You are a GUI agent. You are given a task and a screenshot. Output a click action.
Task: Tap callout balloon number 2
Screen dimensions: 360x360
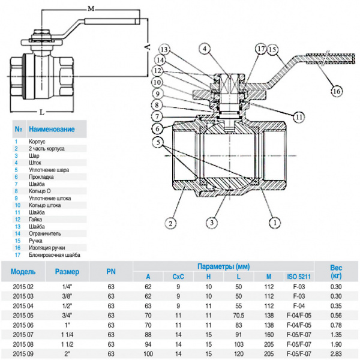pyautogui.click(x=172, y=223)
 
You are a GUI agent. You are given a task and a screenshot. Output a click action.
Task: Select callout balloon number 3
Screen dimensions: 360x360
pyautogui.click(x=212, y=223)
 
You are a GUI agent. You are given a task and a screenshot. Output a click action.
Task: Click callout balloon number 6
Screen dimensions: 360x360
pyautogui.click(x=156, y=128)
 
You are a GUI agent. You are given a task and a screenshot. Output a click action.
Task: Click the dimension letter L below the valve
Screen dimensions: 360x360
pyautogui.click(x=41, y=112)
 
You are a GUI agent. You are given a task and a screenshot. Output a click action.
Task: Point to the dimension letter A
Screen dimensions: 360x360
pyautogui.click(x=146, y=45)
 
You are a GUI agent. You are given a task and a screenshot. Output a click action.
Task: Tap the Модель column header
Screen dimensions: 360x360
pyautogui.click(x=23, y=271)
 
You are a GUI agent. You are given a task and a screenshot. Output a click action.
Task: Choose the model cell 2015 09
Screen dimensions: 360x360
pyautogui.click(x=23, y=354)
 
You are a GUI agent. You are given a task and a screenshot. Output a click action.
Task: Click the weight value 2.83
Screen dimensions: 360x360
pyautogui.click(x=337, y=354)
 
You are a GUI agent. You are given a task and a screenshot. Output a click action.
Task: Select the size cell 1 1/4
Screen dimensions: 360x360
pyautogui.click(x=67, y=335)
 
